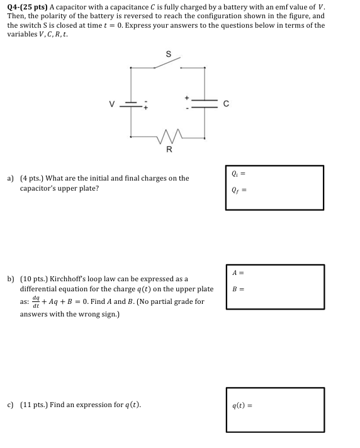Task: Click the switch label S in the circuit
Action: [168, 54]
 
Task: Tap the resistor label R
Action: [168, 150]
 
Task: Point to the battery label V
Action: [111, 103]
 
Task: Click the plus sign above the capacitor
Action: [186, 98]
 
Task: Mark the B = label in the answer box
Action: [237, 289]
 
